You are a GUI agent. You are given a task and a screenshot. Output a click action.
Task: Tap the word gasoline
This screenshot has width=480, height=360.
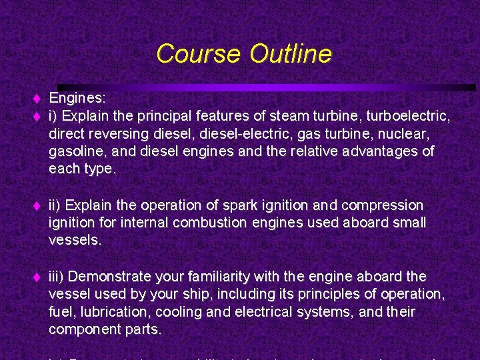point(74,152)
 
